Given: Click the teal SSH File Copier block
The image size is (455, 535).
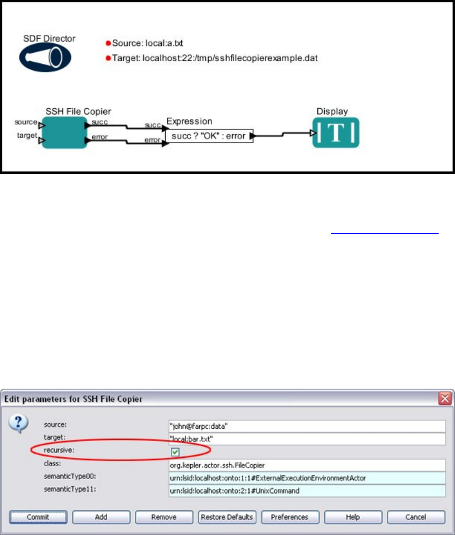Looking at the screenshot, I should click(x=64, y=133).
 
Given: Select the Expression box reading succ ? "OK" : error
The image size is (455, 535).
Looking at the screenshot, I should click(x=209, y=136).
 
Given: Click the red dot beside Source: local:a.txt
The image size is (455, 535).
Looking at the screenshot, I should click(x=108, y=43).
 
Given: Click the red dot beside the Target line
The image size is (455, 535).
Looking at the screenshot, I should click(x=108, y=58).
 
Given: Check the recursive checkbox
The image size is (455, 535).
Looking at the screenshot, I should click(x=175, y=452).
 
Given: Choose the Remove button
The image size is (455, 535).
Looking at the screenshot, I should click(x=164, y=517).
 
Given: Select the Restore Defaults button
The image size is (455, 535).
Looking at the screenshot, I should click(x=227, y=517).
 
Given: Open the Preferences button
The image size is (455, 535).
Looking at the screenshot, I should click(x=289, y=517).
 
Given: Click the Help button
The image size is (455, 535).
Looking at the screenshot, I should click(x=353, y=517).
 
